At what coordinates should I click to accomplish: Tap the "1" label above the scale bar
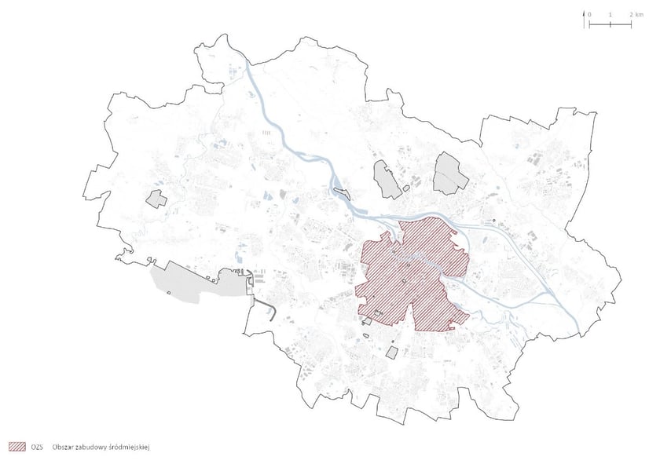610,15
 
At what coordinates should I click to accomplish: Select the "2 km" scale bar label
636,15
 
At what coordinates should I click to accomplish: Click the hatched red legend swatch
17,447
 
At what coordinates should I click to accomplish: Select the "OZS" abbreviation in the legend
36,447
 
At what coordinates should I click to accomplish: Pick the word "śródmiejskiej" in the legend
132,447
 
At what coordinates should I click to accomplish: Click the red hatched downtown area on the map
409,275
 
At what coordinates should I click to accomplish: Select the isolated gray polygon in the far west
156,198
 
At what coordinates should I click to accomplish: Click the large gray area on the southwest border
196,284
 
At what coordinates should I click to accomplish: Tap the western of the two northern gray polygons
387,179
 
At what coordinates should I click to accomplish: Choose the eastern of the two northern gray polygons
450,173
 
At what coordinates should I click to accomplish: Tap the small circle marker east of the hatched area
494,221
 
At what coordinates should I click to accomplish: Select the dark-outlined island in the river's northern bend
339,188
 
